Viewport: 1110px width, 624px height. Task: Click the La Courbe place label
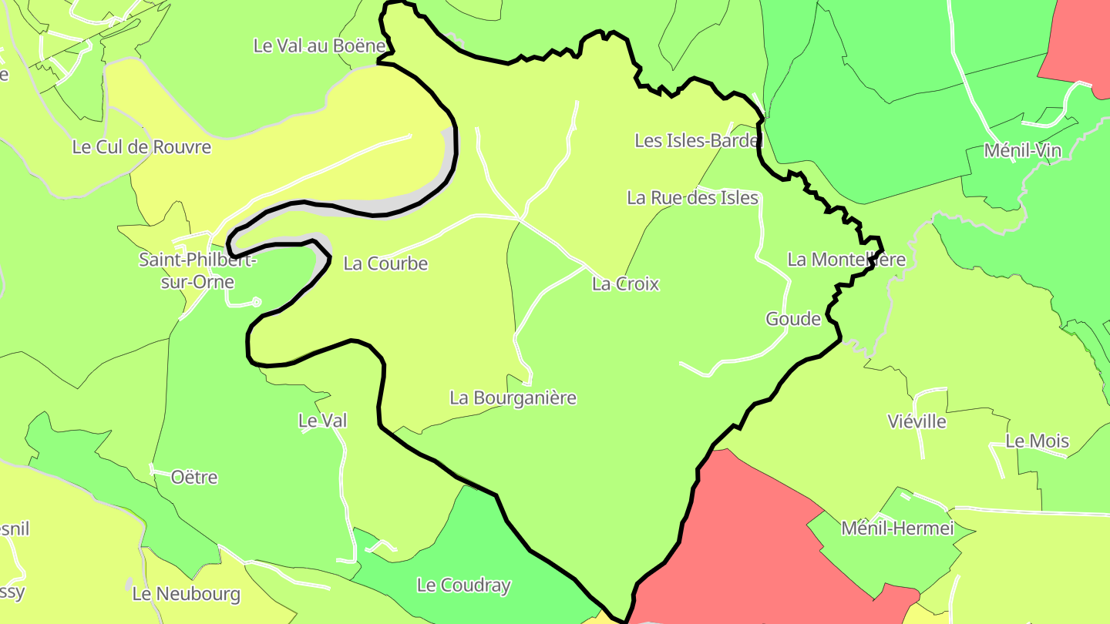pos(385,263)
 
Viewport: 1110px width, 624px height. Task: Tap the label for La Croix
pos(625,284)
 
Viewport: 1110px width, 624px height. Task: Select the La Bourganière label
pos(513,398)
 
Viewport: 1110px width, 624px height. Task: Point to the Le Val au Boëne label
pos(319,45)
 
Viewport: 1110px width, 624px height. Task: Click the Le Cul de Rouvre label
pos(141,146)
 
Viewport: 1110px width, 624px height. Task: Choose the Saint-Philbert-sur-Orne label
pos(197,270)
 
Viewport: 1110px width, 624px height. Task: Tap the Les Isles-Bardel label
pos(698,140)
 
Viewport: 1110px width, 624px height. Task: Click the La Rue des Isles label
pos(692,198)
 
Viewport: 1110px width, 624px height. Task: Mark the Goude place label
pos(792,319)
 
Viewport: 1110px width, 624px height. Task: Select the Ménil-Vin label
pos(1022,151)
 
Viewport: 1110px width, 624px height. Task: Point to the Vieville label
pos(917,421)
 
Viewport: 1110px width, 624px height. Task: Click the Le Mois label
pos(1037,441)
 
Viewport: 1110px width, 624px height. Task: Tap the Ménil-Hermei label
pos(897,528)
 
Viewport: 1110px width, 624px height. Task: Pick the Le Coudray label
pos(463,585)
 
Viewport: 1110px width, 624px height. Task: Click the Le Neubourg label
pos(186,594)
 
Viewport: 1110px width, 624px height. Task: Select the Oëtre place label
pos(194,478)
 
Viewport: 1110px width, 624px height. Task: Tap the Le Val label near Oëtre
pos(322,421)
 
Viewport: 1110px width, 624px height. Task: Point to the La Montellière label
pos(846,260)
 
